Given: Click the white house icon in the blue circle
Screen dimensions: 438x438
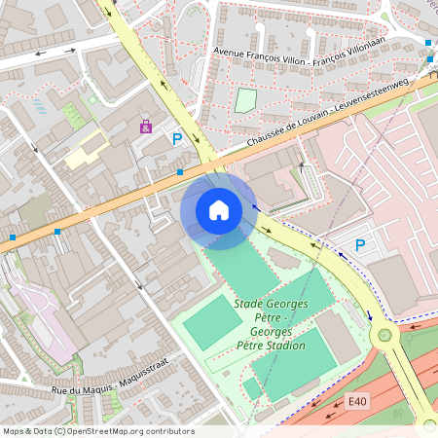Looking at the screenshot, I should pos(219,209).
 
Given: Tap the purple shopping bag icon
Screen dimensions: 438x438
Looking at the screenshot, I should pos(146,127).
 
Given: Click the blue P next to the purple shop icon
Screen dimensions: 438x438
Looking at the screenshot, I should pos(176,140).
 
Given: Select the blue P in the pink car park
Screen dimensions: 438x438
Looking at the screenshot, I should pos(360,245).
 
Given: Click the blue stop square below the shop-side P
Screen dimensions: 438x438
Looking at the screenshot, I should pos(180,172).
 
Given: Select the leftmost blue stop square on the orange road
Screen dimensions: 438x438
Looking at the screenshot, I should pos(12,237).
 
